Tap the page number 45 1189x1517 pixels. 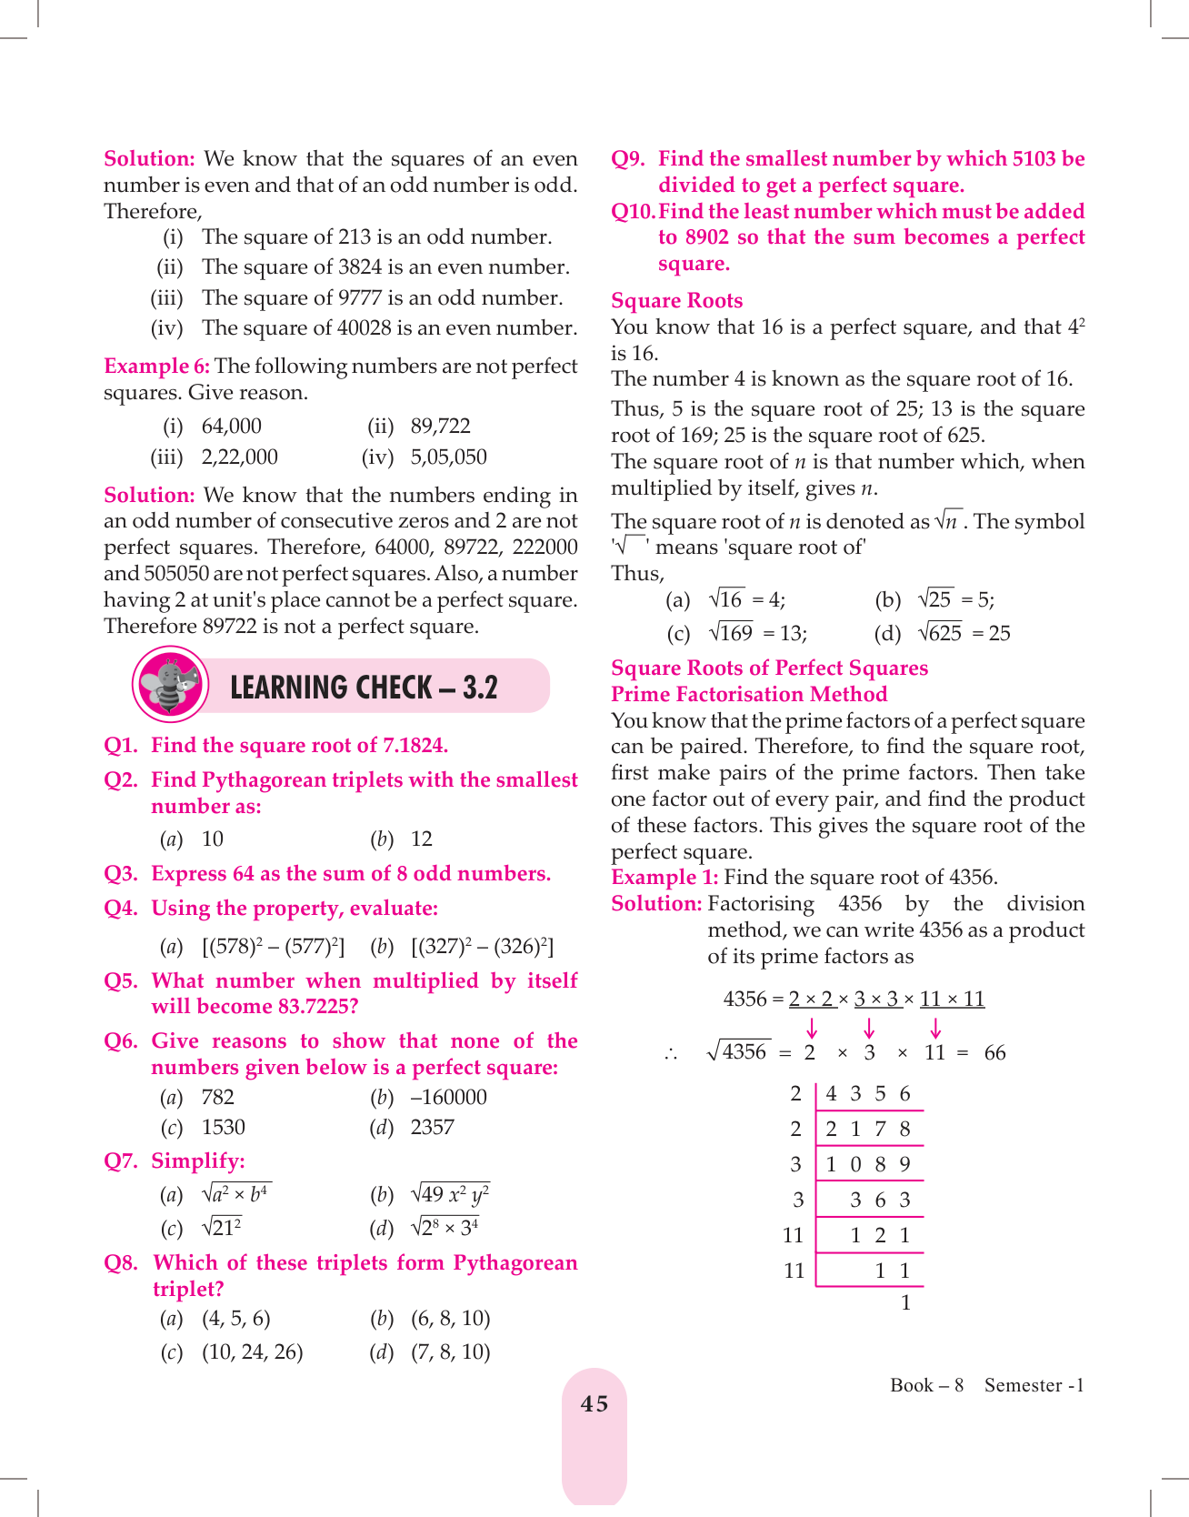594,1404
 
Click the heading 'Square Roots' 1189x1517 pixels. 676,301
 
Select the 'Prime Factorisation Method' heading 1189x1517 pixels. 749,695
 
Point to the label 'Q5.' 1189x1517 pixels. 121,981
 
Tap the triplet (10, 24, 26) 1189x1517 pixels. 253,1352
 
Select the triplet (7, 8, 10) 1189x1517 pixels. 451,1352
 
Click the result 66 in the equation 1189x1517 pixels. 994,1053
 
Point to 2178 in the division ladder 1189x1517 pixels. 868,1130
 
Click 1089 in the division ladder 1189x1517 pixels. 868,1165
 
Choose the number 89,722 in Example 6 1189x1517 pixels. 440,427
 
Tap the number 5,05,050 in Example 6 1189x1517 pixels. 448,457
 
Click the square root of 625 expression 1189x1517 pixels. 940,633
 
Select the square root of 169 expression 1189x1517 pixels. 731,633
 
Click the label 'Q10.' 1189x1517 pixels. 633,212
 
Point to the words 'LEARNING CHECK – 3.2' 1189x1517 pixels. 364,688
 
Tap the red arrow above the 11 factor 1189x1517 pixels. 935,1029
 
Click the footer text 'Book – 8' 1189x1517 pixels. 926,1385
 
